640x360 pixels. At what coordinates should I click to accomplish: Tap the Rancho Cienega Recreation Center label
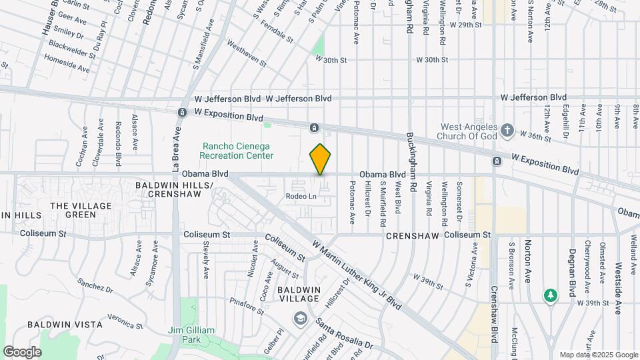coord(238,151)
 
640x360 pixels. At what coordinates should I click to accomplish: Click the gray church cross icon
coord(507,130)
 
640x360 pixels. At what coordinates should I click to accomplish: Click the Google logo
coord(22,351)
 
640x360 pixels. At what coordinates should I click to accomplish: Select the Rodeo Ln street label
coord(301,196)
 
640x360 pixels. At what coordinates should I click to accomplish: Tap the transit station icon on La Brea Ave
coord(181,112)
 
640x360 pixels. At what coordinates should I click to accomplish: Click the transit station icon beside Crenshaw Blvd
coord(497,161)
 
